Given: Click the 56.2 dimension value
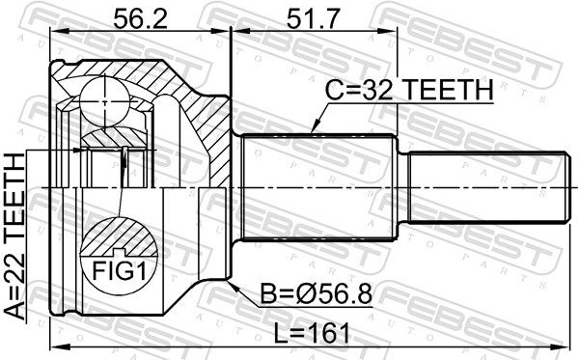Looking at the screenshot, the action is pos(140,19).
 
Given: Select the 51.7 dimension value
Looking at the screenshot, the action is pos(313,19).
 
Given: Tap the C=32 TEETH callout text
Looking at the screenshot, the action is pos(409,90).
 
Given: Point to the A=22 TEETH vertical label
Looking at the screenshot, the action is pos(14,236).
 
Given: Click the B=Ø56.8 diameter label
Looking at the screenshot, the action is pos(317,294).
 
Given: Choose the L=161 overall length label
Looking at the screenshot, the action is pos(312,333).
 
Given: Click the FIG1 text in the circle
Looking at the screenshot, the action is pos(120,271).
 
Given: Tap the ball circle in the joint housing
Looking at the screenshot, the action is pos(105,101).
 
